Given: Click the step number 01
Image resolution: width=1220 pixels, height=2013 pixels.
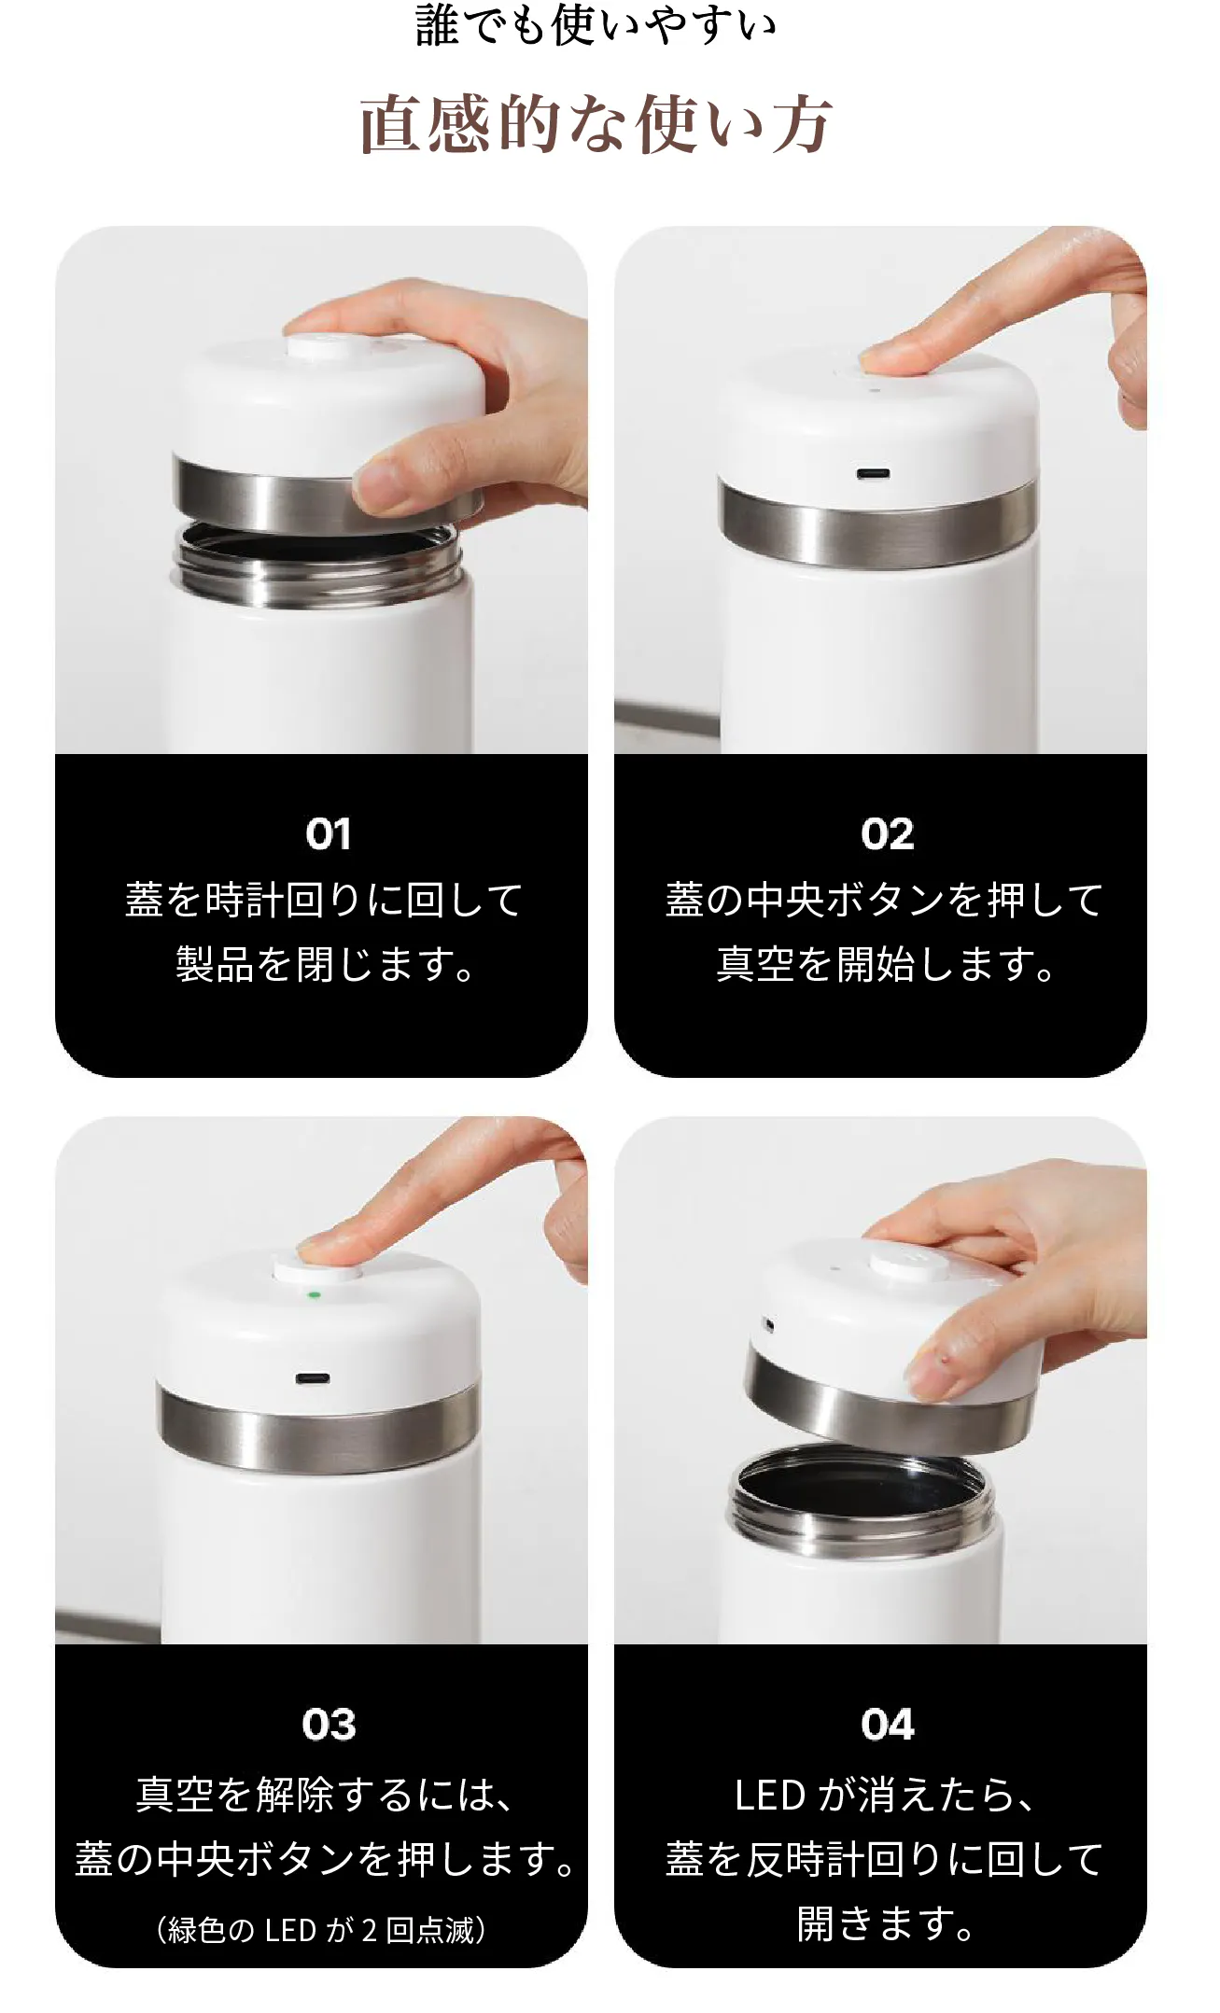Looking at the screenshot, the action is (328, 834).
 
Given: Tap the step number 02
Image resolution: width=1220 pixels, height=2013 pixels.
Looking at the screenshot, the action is (887, 834).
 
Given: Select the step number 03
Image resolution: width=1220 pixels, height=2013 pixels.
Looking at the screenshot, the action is (329, 1725).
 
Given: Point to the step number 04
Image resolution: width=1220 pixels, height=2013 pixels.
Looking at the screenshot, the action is (887, 1725).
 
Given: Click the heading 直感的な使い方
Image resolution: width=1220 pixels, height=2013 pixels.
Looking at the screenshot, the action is (596, 124).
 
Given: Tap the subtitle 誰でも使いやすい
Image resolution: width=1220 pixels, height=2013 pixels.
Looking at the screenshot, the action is (596, 25).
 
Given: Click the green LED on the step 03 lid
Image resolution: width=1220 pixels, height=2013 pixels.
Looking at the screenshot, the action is (315, 1295).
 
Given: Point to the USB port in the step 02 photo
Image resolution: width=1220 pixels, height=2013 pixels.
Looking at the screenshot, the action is (873, 474).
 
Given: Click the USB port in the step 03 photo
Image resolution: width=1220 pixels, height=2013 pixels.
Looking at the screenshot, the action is (312, 1378).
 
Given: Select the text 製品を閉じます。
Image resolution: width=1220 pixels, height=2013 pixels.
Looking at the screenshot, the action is (327, 965).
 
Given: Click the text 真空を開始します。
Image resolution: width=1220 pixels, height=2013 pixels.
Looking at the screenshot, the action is (887, 965).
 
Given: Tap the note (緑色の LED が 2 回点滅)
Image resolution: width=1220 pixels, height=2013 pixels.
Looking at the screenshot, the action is (321, 1929).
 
